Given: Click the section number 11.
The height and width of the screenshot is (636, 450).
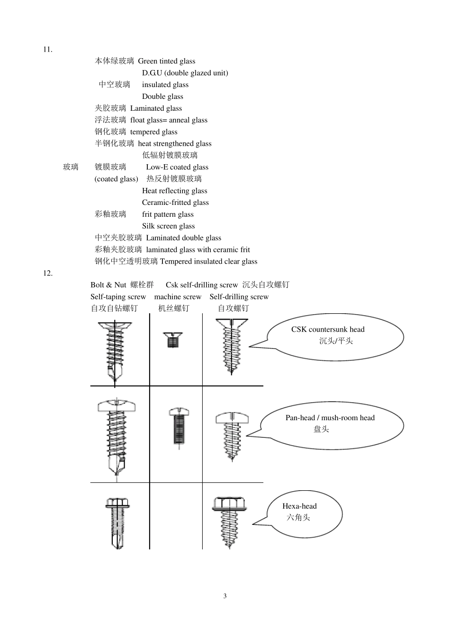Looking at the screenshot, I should click(47, 50).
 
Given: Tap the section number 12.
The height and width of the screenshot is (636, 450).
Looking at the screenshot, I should click(47, 274).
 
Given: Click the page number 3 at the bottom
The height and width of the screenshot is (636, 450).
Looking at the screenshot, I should click(225, 596).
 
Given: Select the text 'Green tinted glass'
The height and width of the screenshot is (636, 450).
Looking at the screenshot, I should click(166, 61).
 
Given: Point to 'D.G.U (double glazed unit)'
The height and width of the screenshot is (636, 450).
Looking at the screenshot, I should click(185, 73).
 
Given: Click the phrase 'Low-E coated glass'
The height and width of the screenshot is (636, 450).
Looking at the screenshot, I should click(177, 167).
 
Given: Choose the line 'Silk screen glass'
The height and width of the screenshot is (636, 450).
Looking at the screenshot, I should click(168, 226).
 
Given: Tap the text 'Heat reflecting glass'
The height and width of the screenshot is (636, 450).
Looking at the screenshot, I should click(174, 191).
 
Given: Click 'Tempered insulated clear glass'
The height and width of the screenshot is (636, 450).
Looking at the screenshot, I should click(208, 262).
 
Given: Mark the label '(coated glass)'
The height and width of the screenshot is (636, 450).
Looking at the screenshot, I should click(116, 179).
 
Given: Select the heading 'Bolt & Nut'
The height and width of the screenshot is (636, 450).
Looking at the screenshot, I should click(108, 285).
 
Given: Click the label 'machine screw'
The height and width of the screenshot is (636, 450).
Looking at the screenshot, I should click(178, 297).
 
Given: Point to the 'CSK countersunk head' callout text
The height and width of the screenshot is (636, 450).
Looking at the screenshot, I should click(328, 329).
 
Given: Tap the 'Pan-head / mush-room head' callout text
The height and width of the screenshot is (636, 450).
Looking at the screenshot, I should click(330, 418).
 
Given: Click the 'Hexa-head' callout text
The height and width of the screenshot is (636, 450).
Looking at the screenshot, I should click(299, 506).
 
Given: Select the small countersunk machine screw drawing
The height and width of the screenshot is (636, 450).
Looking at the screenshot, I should click(173, 340).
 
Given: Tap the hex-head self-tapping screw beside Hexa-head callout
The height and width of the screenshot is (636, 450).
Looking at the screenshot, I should click(229, 521).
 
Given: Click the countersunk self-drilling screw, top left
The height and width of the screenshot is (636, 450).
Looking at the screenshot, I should click(115, 350).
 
